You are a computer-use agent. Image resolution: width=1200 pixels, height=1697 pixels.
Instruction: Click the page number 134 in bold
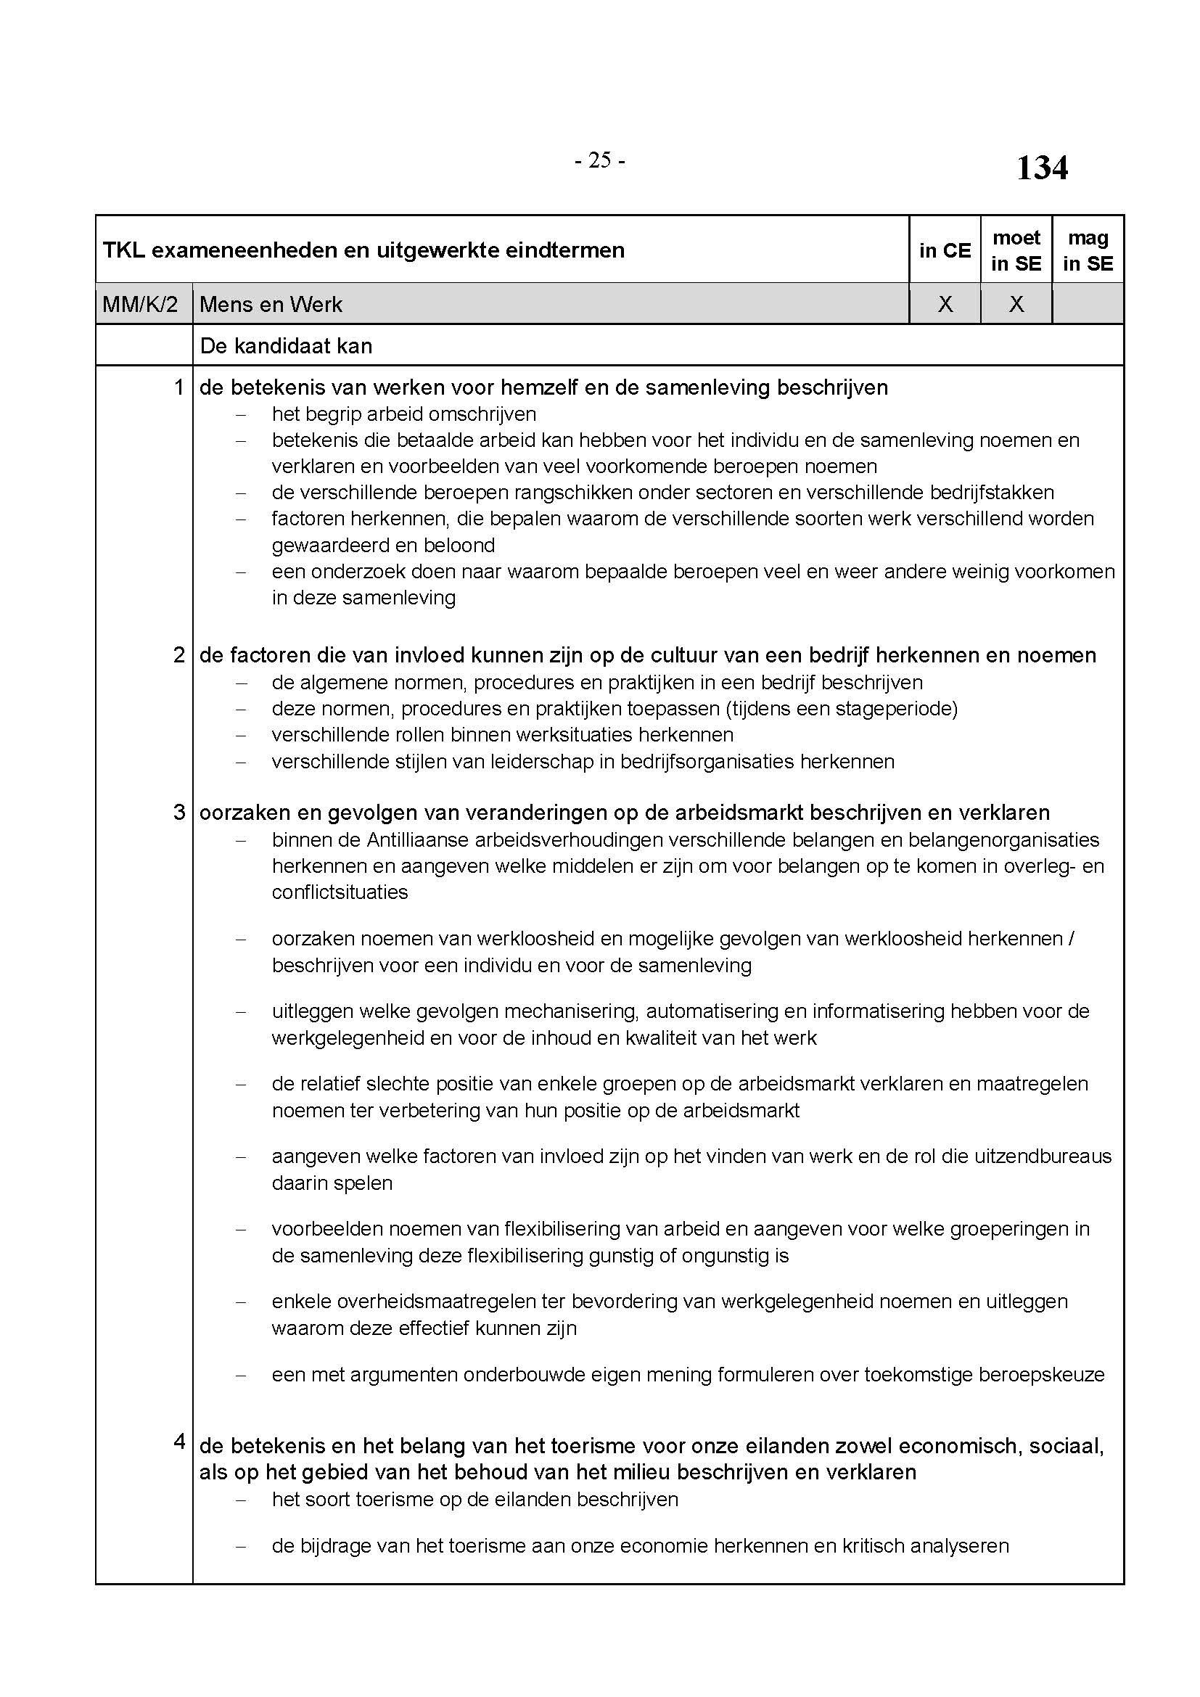coord(1041,168)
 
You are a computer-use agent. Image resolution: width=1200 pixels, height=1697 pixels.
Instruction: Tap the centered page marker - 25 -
coord(599,160)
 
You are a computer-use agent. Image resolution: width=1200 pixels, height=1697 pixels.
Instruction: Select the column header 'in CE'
coord(945,250)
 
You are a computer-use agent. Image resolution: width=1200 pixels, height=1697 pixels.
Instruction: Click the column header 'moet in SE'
coord(1016,250)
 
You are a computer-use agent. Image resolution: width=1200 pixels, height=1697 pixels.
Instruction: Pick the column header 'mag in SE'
coord(1088,250)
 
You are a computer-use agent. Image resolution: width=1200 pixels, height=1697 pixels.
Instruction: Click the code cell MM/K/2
coord(141,305)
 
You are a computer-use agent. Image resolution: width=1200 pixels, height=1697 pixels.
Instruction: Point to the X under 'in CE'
coord(945,305)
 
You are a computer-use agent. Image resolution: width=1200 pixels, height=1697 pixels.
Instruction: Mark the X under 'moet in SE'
coord(1016,305)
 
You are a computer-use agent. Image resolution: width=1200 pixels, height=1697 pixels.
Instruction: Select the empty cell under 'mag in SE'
coord(1088,305)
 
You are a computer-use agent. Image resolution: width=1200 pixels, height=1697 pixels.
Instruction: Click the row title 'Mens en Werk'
coord(271,305)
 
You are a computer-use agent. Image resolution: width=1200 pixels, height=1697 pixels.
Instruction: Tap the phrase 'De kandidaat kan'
coord(286,346)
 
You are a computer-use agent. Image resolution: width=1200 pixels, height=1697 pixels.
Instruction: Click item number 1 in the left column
coord(178,387)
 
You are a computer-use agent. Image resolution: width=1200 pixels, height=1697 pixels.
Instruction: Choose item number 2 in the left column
coord(178,655)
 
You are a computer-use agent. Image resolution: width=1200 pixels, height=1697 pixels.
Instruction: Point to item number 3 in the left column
coord(178,813)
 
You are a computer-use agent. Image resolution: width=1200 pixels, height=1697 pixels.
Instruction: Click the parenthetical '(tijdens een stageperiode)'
coord(841,709)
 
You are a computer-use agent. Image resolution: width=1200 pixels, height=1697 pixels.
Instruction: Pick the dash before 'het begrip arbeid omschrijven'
coord(240,415)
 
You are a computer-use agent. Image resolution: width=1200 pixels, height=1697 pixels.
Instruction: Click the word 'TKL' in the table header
coord(123,250)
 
